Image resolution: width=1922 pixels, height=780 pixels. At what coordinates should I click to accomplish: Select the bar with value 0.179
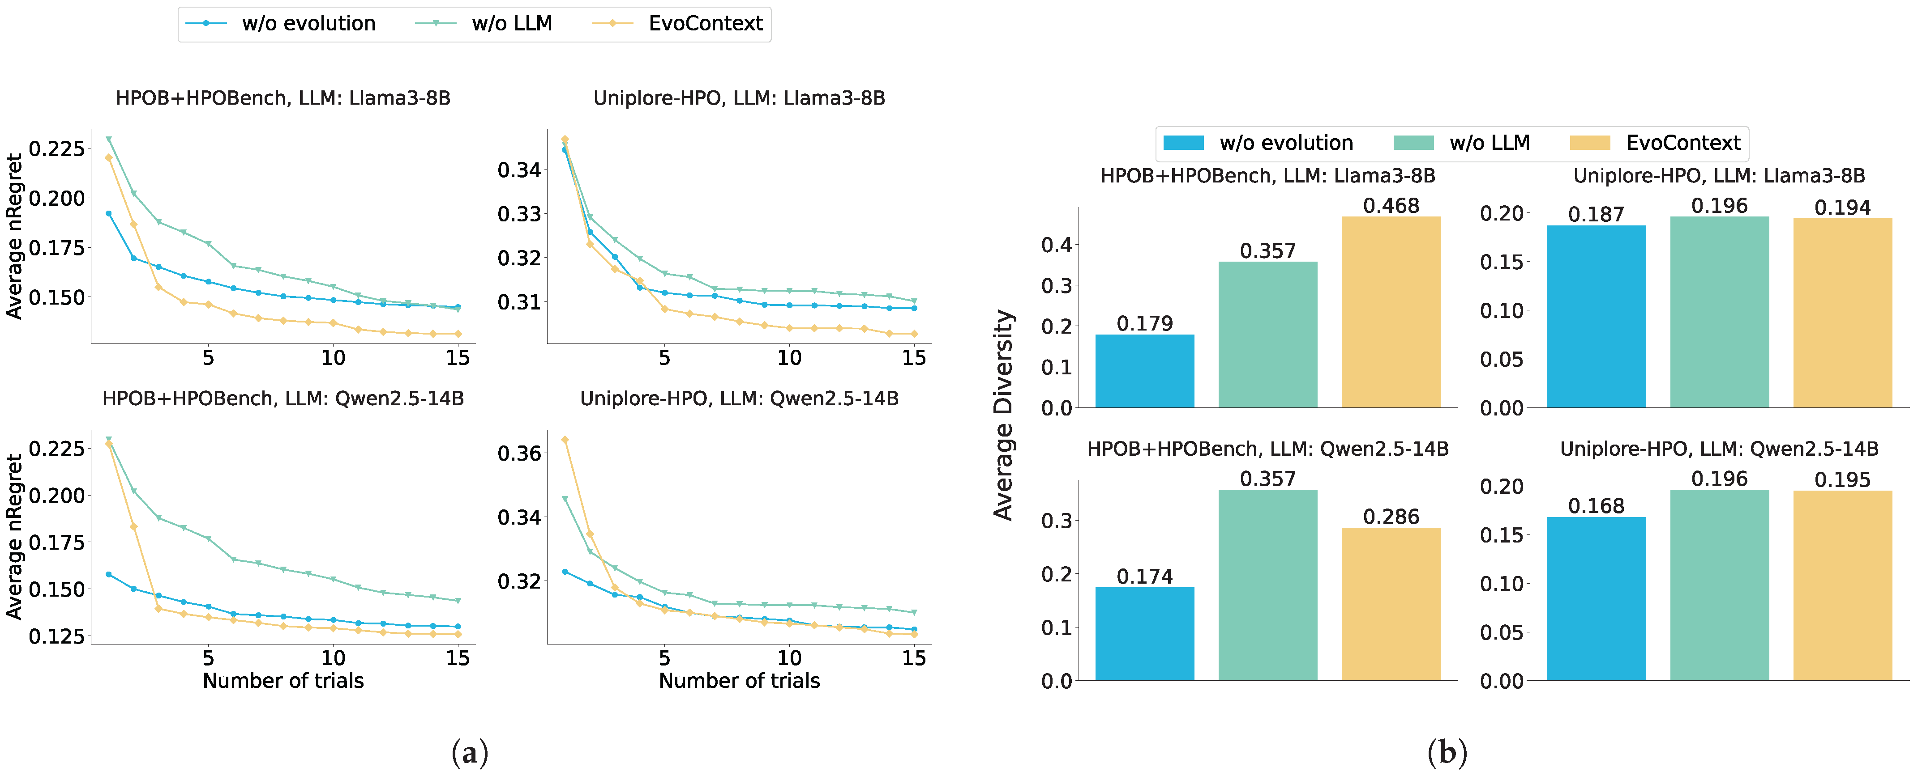(1144, 371)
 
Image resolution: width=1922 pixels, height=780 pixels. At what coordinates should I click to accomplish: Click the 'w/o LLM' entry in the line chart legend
(511, 24)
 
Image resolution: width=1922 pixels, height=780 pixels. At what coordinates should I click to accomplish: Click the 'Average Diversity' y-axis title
(1003, 415)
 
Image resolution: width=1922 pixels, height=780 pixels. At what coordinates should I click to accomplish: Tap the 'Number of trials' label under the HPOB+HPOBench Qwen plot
(283, 681)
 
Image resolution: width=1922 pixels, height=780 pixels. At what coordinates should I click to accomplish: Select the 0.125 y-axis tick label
(56, 637)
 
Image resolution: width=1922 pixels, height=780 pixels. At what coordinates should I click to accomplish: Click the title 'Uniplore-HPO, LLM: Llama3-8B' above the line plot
(739, 98)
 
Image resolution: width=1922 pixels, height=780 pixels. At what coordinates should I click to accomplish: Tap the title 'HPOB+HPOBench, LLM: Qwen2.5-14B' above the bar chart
(1267, 449)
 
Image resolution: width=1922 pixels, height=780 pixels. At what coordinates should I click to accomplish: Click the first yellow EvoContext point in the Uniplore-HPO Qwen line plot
(565, 440)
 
